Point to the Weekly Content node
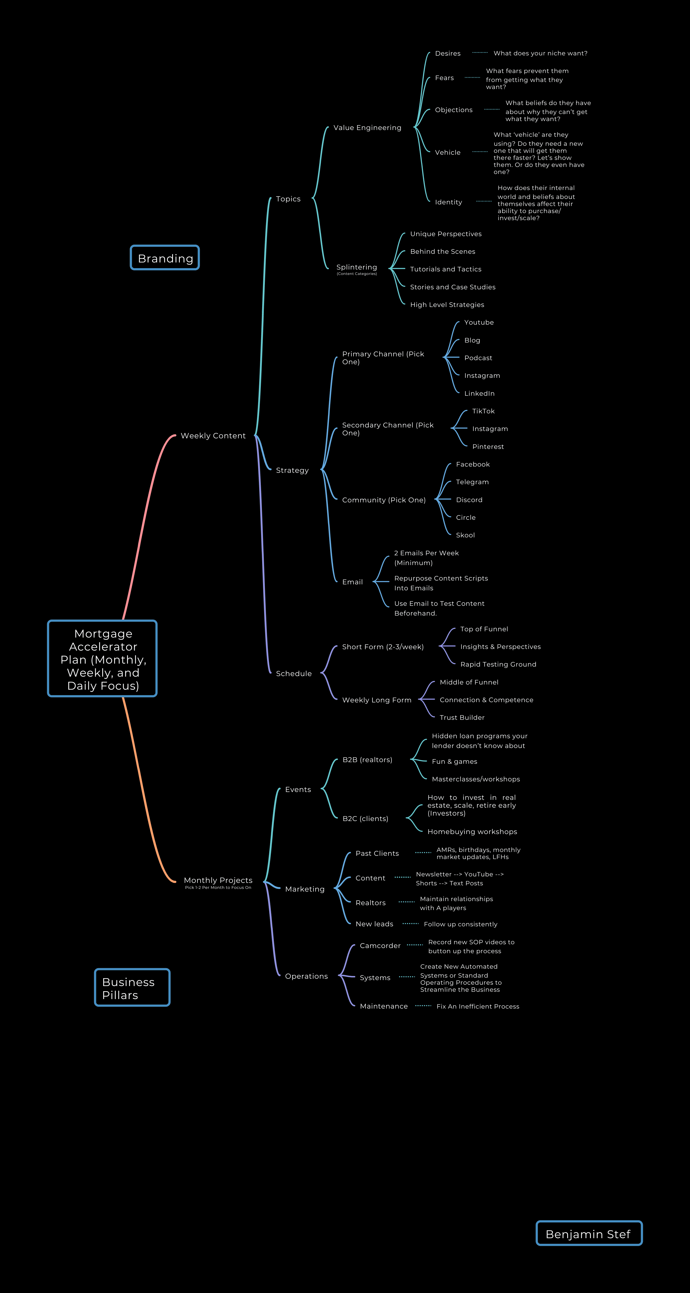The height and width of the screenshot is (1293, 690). click(x=213, y=436)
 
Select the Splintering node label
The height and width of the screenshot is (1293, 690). click(x=357, y=267)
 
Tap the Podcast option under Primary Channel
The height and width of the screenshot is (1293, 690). click(x=478, y=358)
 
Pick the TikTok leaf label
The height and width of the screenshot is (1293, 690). click(x=483, y=411)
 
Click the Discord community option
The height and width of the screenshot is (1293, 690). click(x=469, y=500)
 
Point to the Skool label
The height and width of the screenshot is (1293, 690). click(x=465, y=535)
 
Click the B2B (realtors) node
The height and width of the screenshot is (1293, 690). click(x=368, y=760)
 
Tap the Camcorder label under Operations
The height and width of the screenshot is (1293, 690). click(x=380, y=946)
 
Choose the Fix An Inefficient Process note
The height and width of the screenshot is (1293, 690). click(x=478, y=1006)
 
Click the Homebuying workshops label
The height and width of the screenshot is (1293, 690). click(x=472, y=832)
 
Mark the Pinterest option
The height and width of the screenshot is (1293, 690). click(x=488, y=447)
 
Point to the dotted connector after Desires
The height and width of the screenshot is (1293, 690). click(x=480, y=53)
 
